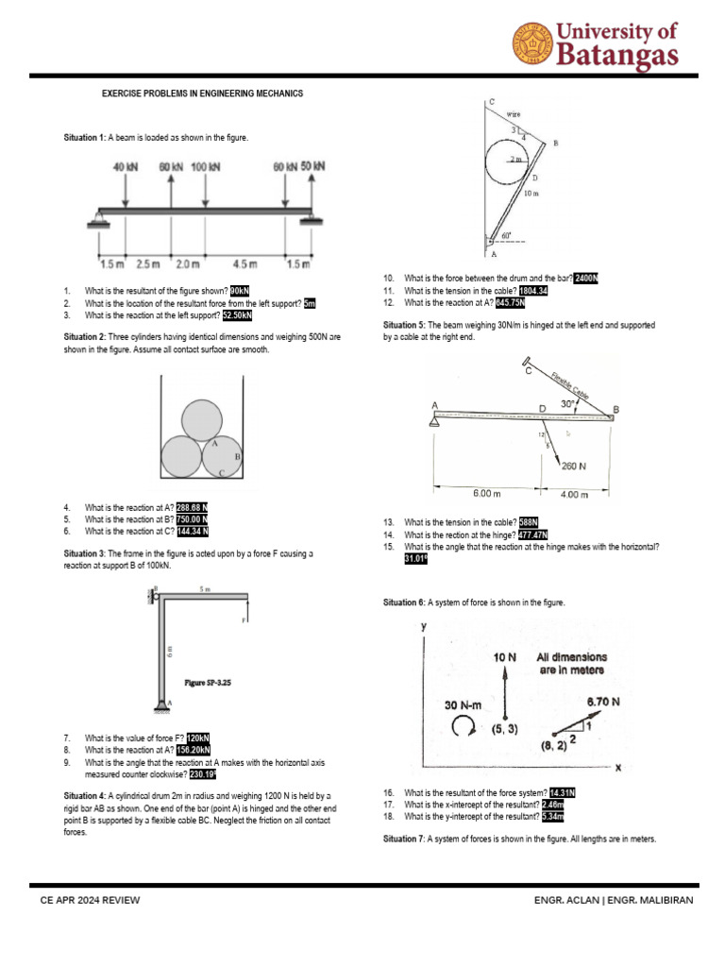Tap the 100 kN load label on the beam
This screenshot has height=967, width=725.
(x=206, y=167)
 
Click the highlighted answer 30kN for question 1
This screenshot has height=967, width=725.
(x=240, y=291)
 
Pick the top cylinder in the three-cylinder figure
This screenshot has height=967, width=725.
(x=202, y=419)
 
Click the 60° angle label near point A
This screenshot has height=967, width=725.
(x=507, y=236)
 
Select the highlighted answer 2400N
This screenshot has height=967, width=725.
(x=586, y=278)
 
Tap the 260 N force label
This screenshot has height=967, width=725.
(x=576, y=466)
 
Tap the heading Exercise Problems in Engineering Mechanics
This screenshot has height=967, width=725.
(x=203, y=93)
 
